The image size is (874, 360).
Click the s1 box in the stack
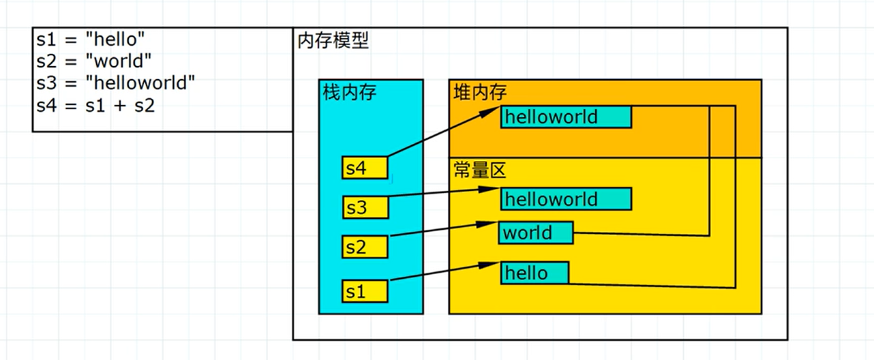tap(365, 291)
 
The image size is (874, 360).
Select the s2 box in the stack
tap(365, 247)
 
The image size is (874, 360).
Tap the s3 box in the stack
tap(365, 207)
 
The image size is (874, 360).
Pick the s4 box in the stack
tap(365, 168)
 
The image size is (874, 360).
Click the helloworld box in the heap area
tap(566, 117)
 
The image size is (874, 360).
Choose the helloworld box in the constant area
tap(566, 199)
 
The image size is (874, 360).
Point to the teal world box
tap(535, 232)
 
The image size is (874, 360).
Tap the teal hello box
tap(534, 273)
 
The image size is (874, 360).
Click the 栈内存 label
tap(350, 92)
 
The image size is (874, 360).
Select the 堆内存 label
tap(480, 92)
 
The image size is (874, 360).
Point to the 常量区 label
tap(480, 170)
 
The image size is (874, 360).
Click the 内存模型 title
tap(333, 41)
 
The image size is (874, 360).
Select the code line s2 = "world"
tap(93, 61)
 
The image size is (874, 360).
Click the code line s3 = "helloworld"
tap(116, 83)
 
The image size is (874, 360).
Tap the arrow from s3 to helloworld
tap(443, 194)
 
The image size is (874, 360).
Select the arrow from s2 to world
tap(443, 230)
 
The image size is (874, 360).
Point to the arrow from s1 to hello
tap(443, 271)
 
